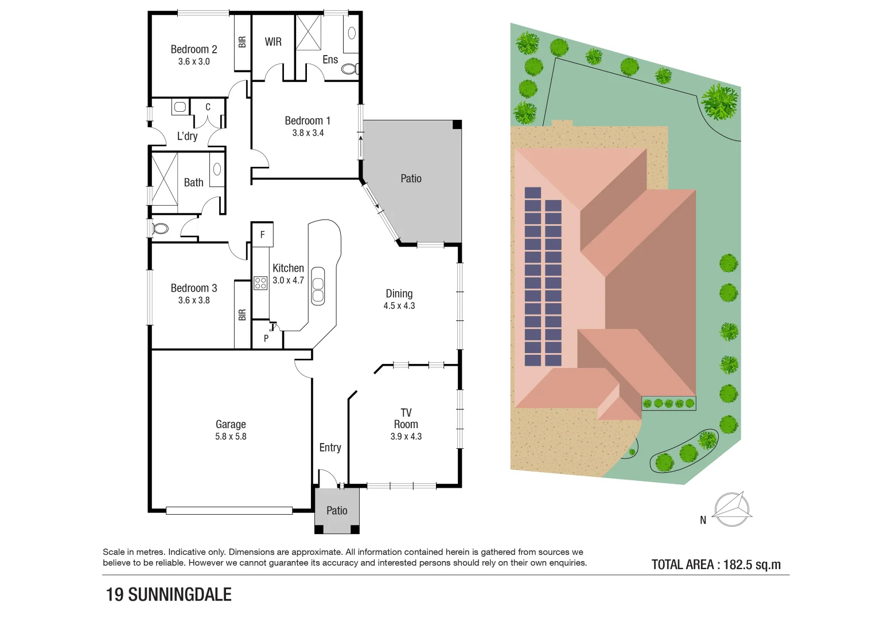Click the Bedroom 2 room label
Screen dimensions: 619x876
pos(194,49)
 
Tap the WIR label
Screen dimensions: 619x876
pos(273,42)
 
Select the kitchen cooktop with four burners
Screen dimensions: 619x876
pos(260,283)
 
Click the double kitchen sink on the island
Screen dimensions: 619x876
pos(318,285)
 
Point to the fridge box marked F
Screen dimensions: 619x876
pos(263,234)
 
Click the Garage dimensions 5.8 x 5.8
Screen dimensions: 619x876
pos(231,437)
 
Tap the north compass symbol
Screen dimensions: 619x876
pos(732,509)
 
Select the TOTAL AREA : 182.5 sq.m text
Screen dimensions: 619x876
pos(716,565)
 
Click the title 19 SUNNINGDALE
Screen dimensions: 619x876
pos(169,595)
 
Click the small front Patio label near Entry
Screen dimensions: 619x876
pos(337,511)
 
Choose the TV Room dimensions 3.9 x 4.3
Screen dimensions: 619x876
pos(406,437)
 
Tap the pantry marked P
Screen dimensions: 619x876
pos(266,339)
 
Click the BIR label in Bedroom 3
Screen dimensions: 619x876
pos(242,315)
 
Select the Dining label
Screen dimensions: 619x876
pos(399,293)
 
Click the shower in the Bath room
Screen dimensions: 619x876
pos(164,178)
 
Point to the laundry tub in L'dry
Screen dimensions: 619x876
pos(180,107)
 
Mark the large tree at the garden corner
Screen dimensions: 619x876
pos(719,101)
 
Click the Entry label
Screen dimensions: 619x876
pos(330,448)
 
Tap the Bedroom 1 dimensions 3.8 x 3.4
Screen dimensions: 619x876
pos(307,133)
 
